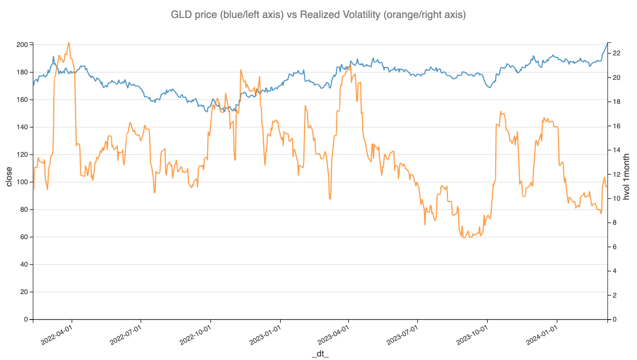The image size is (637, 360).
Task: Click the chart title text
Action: pyautogui.click(x=318, y=15)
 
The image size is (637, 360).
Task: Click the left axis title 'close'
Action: pyautogui.click(x=9, y=176)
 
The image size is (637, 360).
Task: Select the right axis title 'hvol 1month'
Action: pyautogui.click(x=627, y=177)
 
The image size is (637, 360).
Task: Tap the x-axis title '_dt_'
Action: pyautogui.click(x=320, y=354)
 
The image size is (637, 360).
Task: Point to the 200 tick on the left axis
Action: pyautogui.click(x=22, y=45)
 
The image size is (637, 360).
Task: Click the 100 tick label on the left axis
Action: pyautogui.click(x=22, y=182)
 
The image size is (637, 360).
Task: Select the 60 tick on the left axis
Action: pyautogui.click(x=23, y=237)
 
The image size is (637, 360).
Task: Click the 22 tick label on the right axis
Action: pyautogui.click(x=616, y=53)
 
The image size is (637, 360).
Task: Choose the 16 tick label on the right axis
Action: pyautogui.click(x=616, y=126)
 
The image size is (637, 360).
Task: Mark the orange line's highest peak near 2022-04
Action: pyautogui.click(x=68, y=42)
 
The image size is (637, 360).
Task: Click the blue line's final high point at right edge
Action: pyautogui.click(x=607, y=43)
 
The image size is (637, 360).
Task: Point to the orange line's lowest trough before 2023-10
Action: pyautogui.click(x=464, y=238)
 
